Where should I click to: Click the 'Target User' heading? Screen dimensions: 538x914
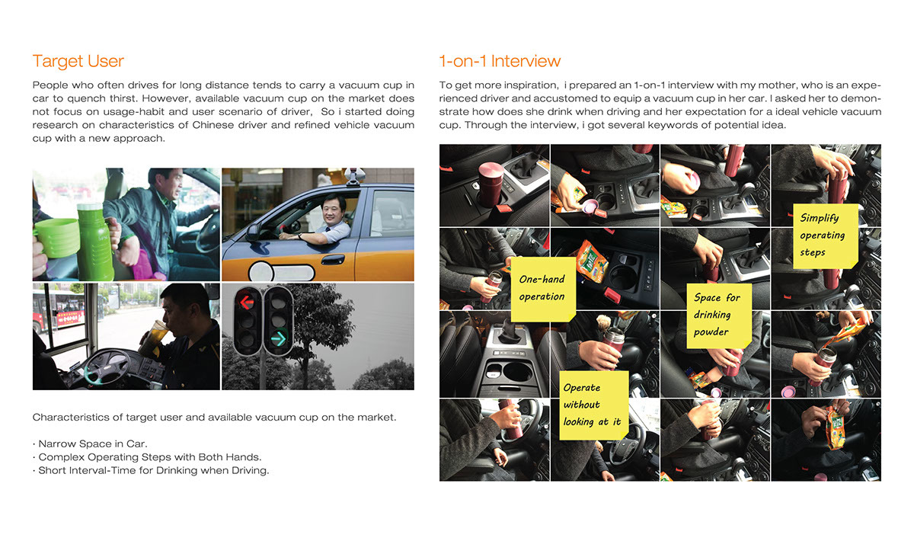click(78, 62)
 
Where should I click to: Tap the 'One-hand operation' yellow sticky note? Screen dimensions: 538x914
click(542, 288)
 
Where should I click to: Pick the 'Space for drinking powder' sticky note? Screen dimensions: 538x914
click(716, 315)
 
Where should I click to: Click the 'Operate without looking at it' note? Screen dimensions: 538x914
click(592, 405)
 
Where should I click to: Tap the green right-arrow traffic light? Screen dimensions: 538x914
click(279, 338)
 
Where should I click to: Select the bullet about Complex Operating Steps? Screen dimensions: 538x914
click(147, 457)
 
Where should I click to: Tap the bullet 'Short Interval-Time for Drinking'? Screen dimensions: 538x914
click(151, 470)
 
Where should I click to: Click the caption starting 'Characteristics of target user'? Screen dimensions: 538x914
click(213, 417)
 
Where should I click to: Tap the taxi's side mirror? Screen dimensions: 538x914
click(253, 230)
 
